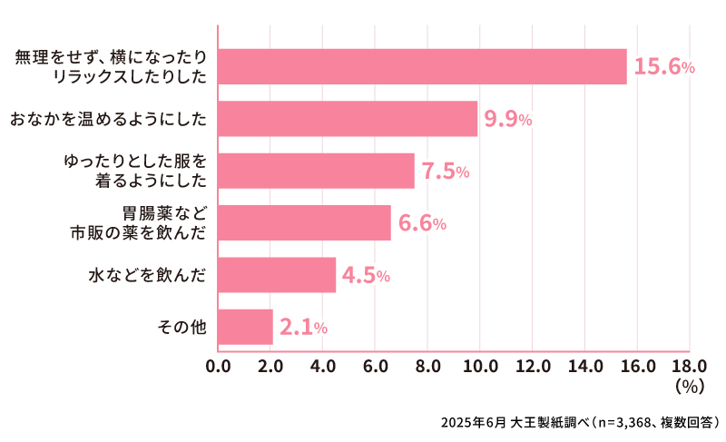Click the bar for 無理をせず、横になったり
pyautogui.click(x=422, y=66)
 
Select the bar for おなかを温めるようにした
pyautogui.click(x=348, y=119)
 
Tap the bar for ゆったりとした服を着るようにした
pyautogui.click(x=316, y=171)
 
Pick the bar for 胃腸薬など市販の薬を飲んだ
pyautogui.click(x=304, y=222)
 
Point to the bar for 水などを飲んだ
pyautogui.click(x=277, y=275)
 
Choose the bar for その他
pyautogui.click(x=245, y=327)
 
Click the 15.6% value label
pyautogui.click(x=664, y=67)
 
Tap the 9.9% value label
pyautogui.click(x=508, y=120)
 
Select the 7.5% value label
pyautogui.click(x=446, y=172)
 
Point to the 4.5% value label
pyautogui.click(x=366, y=276)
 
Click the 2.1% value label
pyautogui.click(x=303, y=328)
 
